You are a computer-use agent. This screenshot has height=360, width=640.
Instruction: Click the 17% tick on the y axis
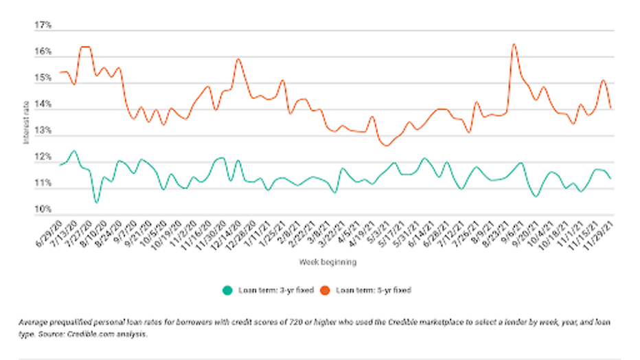(x=43, y=26)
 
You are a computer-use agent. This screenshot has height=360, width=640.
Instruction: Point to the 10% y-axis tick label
(x=43, y=210)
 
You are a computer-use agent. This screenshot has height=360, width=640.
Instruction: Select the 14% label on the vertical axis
(x=43, y=104)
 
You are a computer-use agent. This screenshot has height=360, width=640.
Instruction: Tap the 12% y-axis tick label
(x=43, y=157)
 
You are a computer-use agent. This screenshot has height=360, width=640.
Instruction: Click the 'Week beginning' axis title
(x=328, y=262)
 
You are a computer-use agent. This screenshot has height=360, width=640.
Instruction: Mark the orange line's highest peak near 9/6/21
(x=514, y=45)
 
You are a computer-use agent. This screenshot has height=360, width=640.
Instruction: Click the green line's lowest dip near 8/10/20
(x=96, y=202)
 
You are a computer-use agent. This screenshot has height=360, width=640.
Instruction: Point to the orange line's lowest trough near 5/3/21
(x=386, y=145)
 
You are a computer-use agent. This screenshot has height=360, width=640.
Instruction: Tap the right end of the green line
(x=610, y=178)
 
